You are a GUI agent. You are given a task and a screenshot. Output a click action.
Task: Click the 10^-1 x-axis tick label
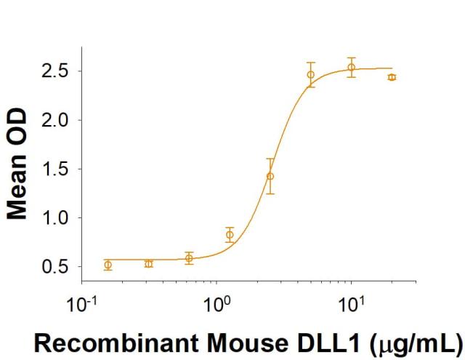81,300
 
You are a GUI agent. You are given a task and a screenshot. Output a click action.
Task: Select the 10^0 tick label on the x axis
216,300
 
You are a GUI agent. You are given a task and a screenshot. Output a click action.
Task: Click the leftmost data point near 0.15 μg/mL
108,265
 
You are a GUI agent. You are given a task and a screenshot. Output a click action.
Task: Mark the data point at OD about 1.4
270,176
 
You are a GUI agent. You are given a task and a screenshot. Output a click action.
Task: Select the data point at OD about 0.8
230,234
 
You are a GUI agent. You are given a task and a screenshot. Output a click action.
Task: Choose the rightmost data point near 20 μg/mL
392,77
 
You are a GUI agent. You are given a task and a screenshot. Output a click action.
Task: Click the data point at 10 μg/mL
352,68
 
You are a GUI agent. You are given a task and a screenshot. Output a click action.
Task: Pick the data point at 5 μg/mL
311,74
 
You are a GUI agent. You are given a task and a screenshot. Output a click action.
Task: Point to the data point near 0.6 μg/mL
189,257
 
